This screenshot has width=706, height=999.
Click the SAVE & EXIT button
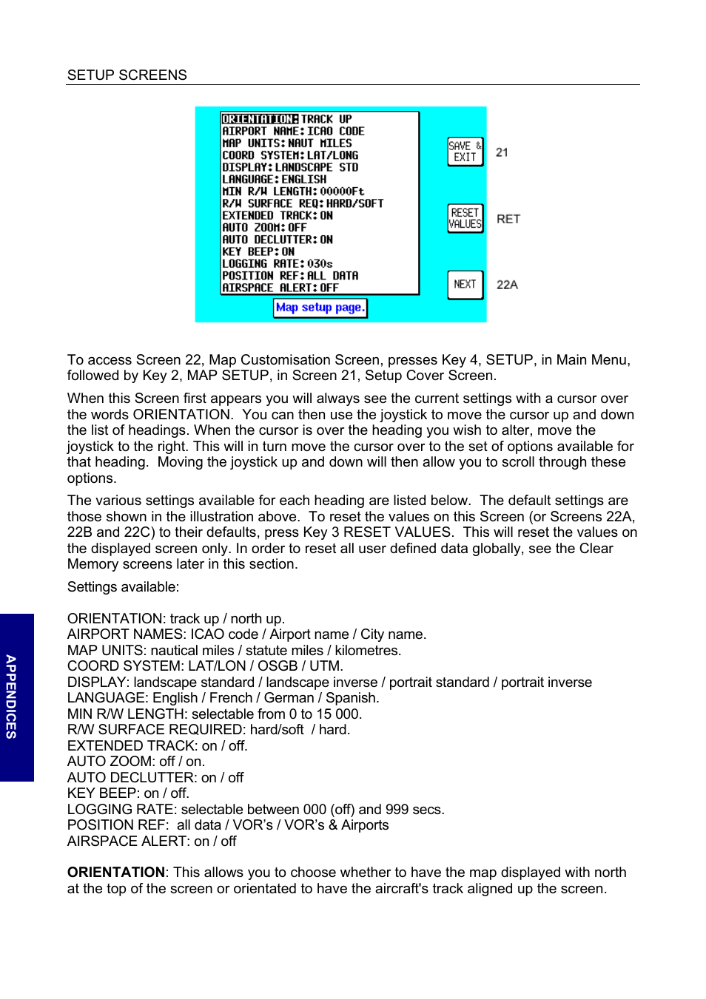(465, 152)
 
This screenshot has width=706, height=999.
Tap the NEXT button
(465, 285)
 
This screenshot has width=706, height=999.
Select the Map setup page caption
(320, 308)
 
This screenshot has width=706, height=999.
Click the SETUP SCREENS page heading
(127, 75)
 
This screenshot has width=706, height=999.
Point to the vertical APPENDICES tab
(12, 697)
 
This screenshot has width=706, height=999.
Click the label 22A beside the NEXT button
(507, 285)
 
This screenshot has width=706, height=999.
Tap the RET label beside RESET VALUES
(508, 219)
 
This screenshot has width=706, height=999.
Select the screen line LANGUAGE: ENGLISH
(274, 180)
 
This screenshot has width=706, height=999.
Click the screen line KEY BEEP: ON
(258, 252)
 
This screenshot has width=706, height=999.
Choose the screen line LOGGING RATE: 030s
(278, 264)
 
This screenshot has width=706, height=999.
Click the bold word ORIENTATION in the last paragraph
(116, 873)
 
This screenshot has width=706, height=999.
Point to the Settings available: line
(123, 587)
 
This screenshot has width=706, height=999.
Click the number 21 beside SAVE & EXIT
(502, 152)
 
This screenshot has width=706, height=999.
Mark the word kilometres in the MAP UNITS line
(368, 651)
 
